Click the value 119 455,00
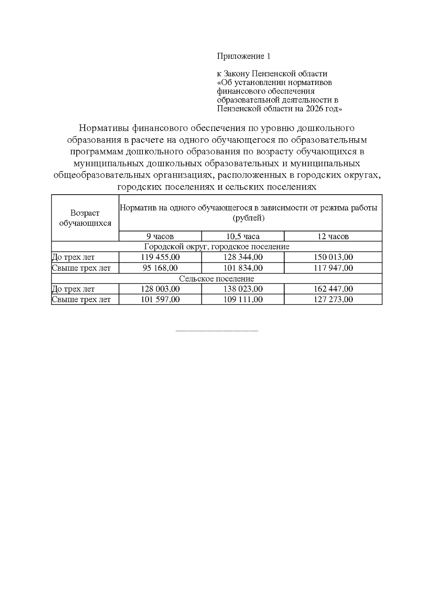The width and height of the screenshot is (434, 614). [x=160, y=257]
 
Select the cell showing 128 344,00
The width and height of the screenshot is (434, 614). [x=243, y=257]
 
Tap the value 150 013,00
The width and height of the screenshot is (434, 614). [x=333, y=257]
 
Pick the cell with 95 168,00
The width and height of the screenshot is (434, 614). [x=160, y=268]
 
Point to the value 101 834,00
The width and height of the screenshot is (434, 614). [x=243, y=268]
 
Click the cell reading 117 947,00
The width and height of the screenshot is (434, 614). [x=333, y=268]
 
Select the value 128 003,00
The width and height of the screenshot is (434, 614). [x=160, y=289]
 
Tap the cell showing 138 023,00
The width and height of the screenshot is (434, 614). [x=243, y=289]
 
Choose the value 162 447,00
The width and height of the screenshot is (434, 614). [x=333, y=289]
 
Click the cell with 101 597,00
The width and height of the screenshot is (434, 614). [x=160, y=300]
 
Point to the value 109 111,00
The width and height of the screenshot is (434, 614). [x=243, y=300]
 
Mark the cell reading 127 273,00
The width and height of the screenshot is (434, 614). [x=333, y=300]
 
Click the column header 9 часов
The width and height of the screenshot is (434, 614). [x=160, y=237]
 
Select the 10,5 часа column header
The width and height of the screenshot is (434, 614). [x=243, y=237]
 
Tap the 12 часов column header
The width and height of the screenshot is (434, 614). [x=333, y=237]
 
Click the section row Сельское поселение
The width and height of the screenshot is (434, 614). [x=217, y=279]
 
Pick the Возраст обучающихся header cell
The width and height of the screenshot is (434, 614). [x=85, y=218]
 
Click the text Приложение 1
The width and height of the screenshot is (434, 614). [x=243, y=56]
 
